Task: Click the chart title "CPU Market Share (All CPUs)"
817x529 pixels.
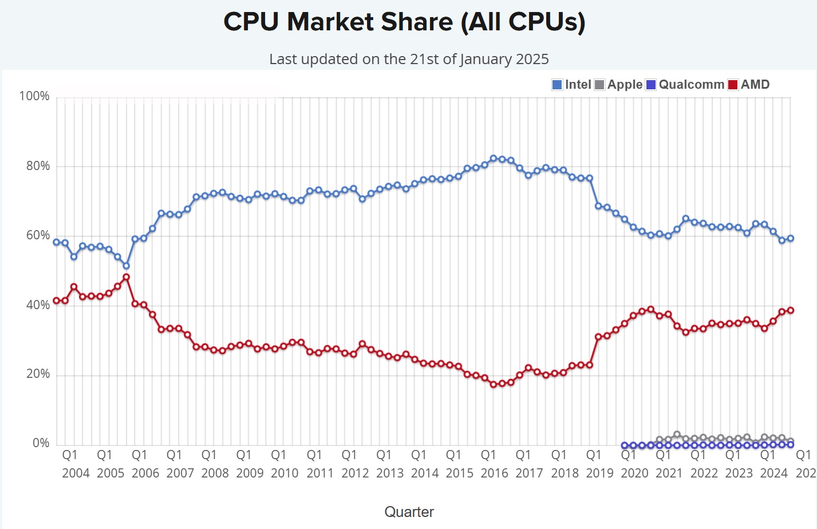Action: click(404, 22)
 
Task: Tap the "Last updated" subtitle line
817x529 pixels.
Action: click(409, 59)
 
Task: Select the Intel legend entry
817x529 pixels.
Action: click(571, 85)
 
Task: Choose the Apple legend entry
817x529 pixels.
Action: click(618, 85)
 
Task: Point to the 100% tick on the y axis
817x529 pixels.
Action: click(34, 96)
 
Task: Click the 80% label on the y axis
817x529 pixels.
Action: click(38, 166)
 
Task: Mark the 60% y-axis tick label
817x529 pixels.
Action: click(38, 235)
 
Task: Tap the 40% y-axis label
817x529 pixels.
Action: click(38, 305)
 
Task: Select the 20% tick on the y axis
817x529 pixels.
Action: click(38, 374)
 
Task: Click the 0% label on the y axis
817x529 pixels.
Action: click(41, 443)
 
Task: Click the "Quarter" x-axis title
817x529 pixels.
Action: click(409, 512)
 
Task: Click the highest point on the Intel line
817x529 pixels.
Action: click(494, 159)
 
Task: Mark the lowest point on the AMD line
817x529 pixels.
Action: click(494, 385)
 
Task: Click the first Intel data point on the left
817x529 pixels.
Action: click(57, 242)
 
